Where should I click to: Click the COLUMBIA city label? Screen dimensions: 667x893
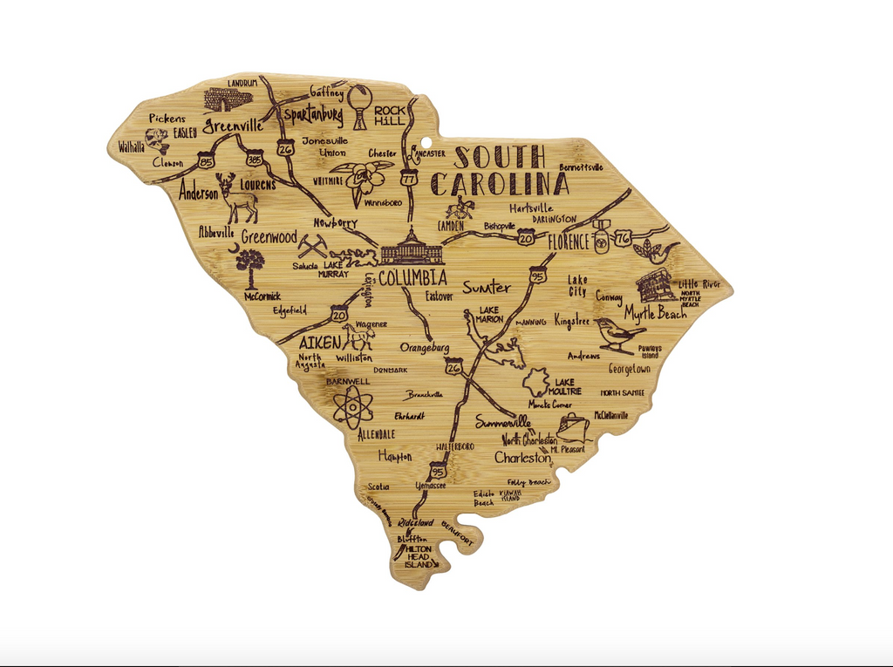pos(412,278)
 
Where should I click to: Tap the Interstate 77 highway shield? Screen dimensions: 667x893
pos(409,176)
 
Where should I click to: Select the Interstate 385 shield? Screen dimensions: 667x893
pos(254,160)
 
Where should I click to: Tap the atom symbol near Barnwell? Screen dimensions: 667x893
pos(353,406)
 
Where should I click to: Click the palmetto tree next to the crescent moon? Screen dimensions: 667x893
pos(250,266)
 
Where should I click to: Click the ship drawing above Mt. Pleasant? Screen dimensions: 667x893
pos(573,427)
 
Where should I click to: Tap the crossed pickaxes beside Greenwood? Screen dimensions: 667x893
pos(311,243)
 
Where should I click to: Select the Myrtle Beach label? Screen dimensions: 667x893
pos(655,313)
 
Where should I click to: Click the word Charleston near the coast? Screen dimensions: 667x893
pos(523,457)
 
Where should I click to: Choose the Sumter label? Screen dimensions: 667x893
pos(487,287)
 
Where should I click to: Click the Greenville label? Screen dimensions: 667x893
pos(233,126)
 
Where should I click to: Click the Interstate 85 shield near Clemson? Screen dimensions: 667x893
pos(207,161)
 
